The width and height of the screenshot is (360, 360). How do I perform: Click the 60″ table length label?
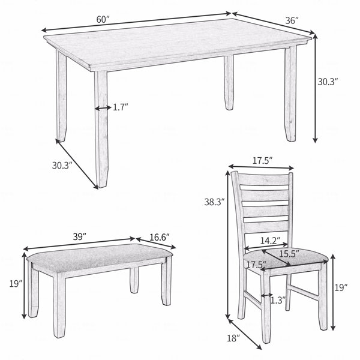point(103,20)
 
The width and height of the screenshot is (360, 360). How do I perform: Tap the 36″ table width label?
point(292,20)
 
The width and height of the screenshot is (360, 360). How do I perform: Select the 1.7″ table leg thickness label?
point(121,107)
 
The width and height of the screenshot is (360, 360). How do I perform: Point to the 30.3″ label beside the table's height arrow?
point(328,82)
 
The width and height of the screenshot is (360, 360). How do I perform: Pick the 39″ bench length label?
point(79,237)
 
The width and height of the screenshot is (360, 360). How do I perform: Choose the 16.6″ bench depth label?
point(160,237)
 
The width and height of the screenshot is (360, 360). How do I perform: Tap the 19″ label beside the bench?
point(16,284)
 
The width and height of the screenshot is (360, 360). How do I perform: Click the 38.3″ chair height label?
point(214,202)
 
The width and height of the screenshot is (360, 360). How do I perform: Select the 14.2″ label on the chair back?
point(270,241)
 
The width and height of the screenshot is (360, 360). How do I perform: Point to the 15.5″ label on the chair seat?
point(289,254)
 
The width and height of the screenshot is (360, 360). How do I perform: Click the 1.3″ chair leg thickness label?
point(278,300)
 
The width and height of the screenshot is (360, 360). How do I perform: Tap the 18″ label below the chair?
point(233,338)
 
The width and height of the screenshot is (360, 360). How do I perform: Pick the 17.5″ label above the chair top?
point(263,161)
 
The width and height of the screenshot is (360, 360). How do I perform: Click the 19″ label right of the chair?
point(341,287)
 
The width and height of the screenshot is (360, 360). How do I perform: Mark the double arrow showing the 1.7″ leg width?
point(103,108)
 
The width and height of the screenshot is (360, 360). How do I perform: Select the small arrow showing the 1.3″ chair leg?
point(267,295)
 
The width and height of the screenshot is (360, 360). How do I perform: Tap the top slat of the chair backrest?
point(264,179)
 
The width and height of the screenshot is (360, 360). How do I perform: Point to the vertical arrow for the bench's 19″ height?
point(24,286)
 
